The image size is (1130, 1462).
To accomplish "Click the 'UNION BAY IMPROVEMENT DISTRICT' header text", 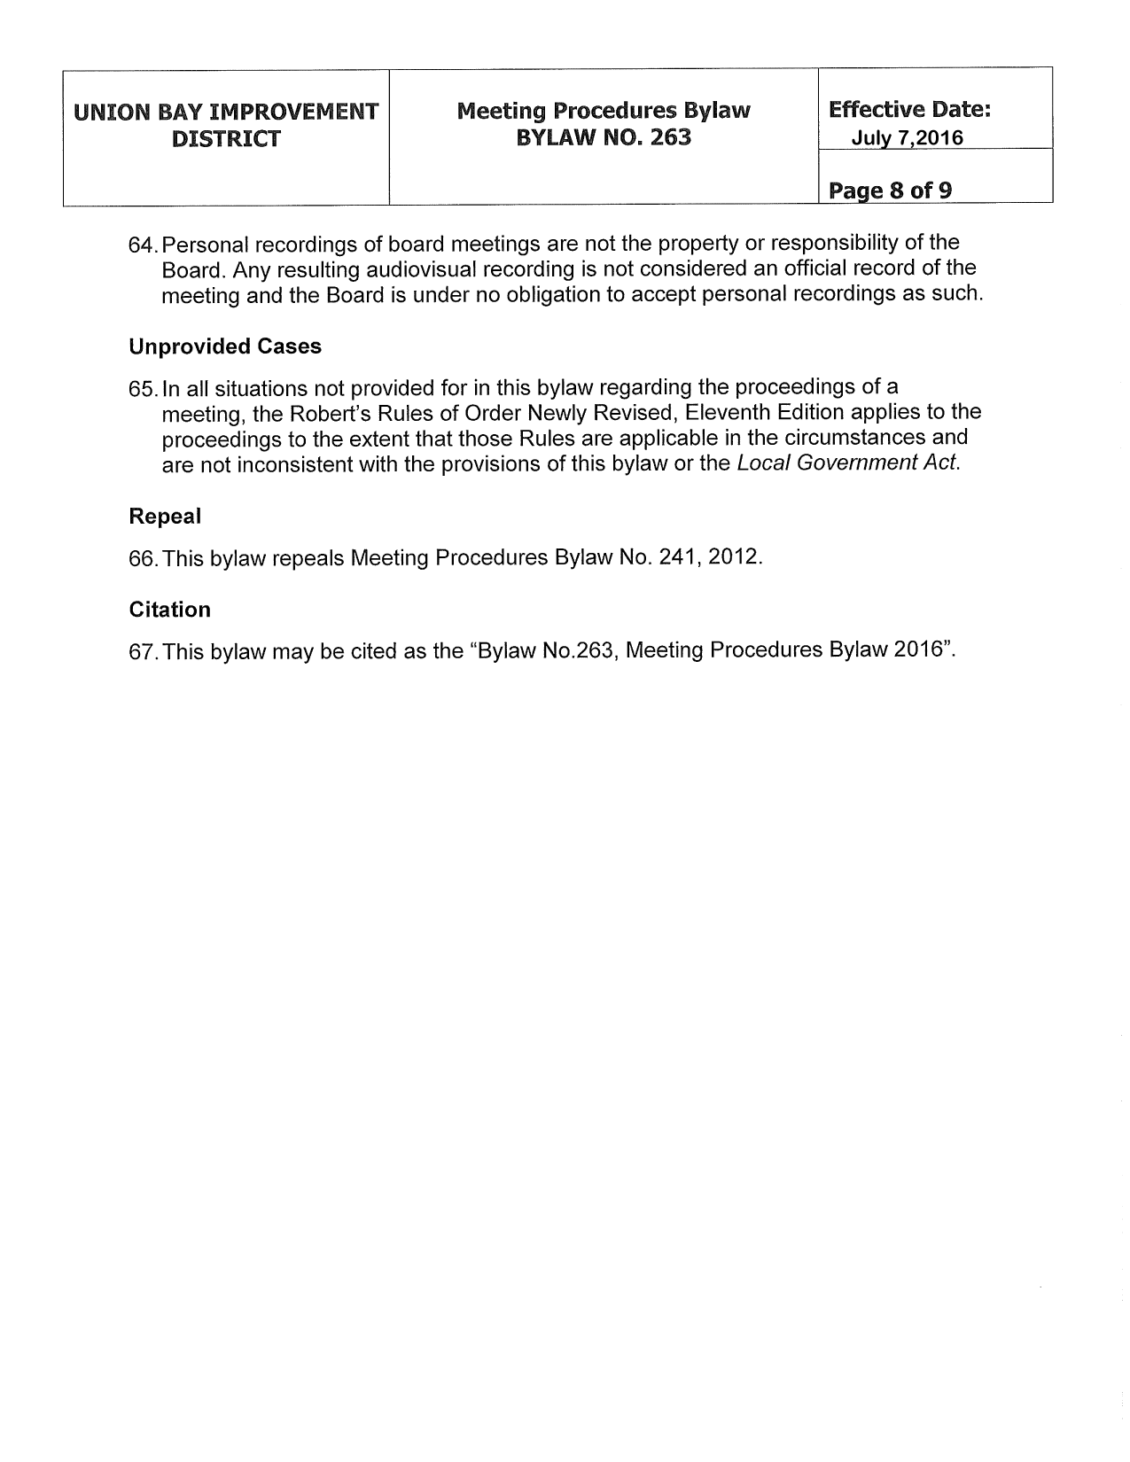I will [226, 125].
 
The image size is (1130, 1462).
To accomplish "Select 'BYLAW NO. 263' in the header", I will [603, 138].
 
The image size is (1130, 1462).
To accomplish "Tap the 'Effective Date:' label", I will [908, 110].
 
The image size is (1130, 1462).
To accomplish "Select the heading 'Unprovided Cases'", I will [225, 346].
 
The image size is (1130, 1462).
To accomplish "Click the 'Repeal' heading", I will [165, 516].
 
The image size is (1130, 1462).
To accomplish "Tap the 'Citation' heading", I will [169, 610].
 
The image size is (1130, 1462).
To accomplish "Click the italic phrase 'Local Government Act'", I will [846, 463].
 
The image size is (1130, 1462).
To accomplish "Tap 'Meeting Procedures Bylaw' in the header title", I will [603, 111].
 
